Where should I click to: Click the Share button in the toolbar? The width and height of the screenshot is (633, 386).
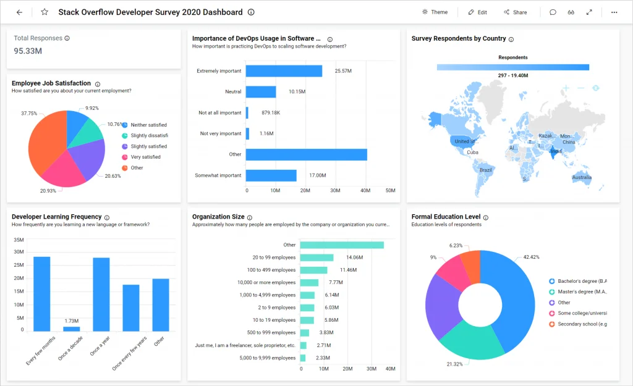click(x=515, y=12)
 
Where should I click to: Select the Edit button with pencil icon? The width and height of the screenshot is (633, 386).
click(x=477, y=12)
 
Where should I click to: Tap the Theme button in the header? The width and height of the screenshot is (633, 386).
click(x=435, y=12)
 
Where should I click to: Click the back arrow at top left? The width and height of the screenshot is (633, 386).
click(x=19, y=12)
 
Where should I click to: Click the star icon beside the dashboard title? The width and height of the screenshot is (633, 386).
click(x=45, y=12)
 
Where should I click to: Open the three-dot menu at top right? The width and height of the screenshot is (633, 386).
click(x=614, y=12)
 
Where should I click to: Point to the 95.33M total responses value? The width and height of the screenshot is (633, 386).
click(x=28, y=51)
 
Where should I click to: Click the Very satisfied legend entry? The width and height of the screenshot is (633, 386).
click(x=145, y=157)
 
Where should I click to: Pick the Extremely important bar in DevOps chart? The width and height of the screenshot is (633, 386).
click(x=284, y=71)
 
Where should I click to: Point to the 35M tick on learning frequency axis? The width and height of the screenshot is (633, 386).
click(x=18, y=240)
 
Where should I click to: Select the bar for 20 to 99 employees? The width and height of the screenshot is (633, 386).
click(x=316, y=258)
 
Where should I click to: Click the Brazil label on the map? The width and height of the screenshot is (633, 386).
click(x=486, y=170)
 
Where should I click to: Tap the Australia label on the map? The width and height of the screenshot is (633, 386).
click(x=581, y=178)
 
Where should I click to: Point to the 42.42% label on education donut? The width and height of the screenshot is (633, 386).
click(x=530, y=257)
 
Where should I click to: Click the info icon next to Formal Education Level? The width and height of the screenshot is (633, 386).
click(x=485, y=217)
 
